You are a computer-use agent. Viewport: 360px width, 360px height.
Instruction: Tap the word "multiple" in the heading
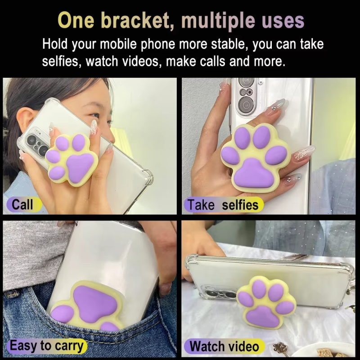pos(218,21)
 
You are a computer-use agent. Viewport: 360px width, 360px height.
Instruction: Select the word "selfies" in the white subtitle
pos(61,61)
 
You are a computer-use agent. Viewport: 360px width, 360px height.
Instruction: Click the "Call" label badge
pos(24,204)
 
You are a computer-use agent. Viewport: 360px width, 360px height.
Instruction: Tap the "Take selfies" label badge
pos(223,205)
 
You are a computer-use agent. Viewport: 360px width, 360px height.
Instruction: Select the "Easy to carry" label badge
pos(47,346)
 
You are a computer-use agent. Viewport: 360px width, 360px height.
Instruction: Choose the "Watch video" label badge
pos(224,346)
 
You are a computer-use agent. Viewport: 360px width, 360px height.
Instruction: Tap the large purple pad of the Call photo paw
pos(79,167)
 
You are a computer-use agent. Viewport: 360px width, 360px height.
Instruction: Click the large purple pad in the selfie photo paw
pos(253,174)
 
